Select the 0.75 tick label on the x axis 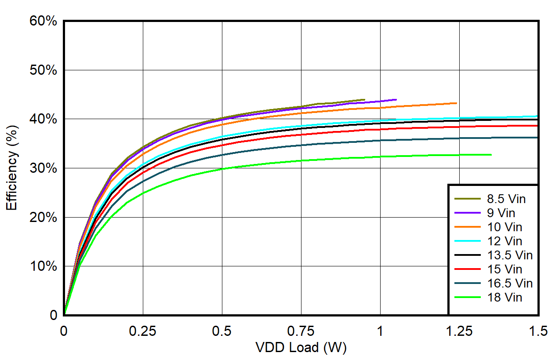[301, 331]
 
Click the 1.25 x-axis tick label [459, 331]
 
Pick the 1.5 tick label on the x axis [538, 331]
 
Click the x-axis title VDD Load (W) [301, 348]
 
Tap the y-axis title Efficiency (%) [12, 168]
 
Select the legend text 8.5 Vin [506, 199]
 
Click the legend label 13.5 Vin [510, 255]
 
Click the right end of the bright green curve [491, 155]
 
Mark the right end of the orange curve [456, 103]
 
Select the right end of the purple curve [396, 100]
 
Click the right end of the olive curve [364, 100]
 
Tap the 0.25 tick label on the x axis [143, 331]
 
